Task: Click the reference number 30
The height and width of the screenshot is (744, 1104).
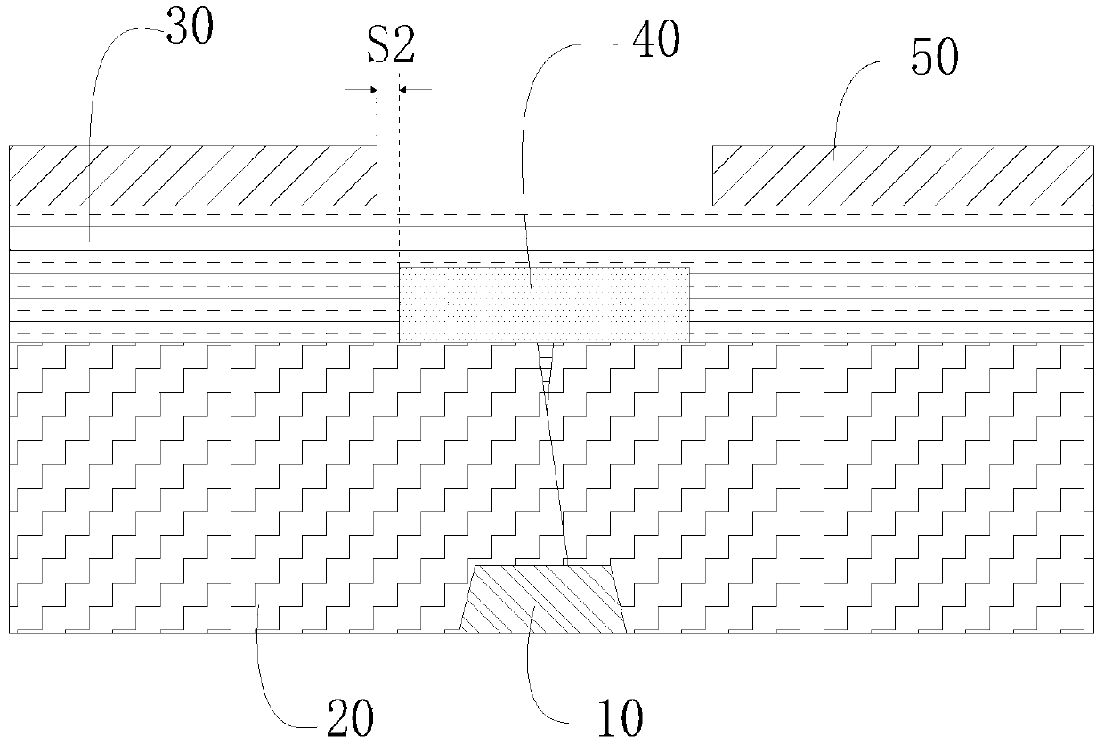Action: tap(191, 27)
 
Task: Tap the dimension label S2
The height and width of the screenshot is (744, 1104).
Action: tap(392, 45)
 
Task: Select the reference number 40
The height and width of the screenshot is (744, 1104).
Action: tap(656, 39)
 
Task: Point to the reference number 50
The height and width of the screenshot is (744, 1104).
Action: tap(935, 58)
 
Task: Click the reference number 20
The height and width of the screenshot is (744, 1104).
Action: tap(351, 717)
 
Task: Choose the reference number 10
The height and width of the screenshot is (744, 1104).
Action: tap(621, 718)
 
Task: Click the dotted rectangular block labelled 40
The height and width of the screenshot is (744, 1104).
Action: tap(544, 304)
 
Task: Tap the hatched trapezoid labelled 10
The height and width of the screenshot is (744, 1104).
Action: tap(542, 599)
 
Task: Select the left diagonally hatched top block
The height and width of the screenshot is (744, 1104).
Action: tap(193, 175)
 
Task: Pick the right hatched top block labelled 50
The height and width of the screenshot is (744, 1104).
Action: tap(903, 175)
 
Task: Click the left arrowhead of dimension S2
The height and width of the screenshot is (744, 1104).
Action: tap(374, 90)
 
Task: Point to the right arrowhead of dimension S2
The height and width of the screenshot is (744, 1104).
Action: tap(402, 90)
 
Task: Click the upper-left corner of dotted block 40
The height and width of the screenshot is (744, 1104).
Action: tap(399, 268)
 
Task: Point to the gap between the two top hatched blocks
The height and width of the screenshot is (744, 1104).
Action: tap(545, 175)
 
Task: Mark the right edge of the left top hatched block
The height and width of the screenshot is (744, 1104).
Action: tap(377, 175)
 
